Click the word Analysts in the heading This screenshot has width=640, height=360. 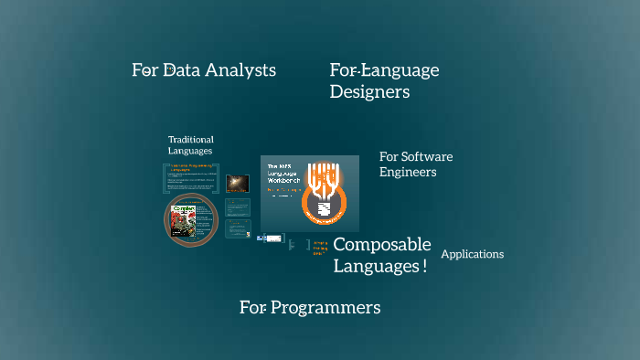coord(240,70)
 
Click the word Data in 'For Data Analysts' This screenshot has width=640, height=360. coord(183,70)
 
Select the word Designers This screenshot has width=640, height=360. coord(369,92)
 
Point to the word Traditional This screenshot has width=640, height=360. coord(191,140)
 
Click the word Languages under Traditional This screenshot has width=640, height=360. coord(190,151)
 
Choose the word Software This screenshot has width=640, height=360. coord(428,156)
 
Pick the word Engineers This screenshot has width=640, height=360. coord(408,172)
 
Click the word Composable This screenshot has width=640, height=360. coord(381,245)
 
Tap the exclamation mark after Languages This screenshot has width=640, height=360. coord(424,267)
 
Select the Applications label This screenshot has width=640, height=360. coord(473,254)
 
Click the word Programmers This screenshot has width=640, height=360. coord(326,308)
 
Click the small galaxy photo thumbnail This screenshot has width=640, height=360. coord(238,183)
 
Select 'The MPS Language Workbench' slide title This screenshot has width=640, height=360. coord(283,174)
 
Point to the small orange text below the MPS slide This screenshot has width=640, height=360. coord(319,247)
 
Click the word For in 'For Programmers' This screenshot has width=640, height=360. coord(252,308)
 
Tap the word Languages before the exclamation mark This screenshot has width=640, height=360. coord(375,267)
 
